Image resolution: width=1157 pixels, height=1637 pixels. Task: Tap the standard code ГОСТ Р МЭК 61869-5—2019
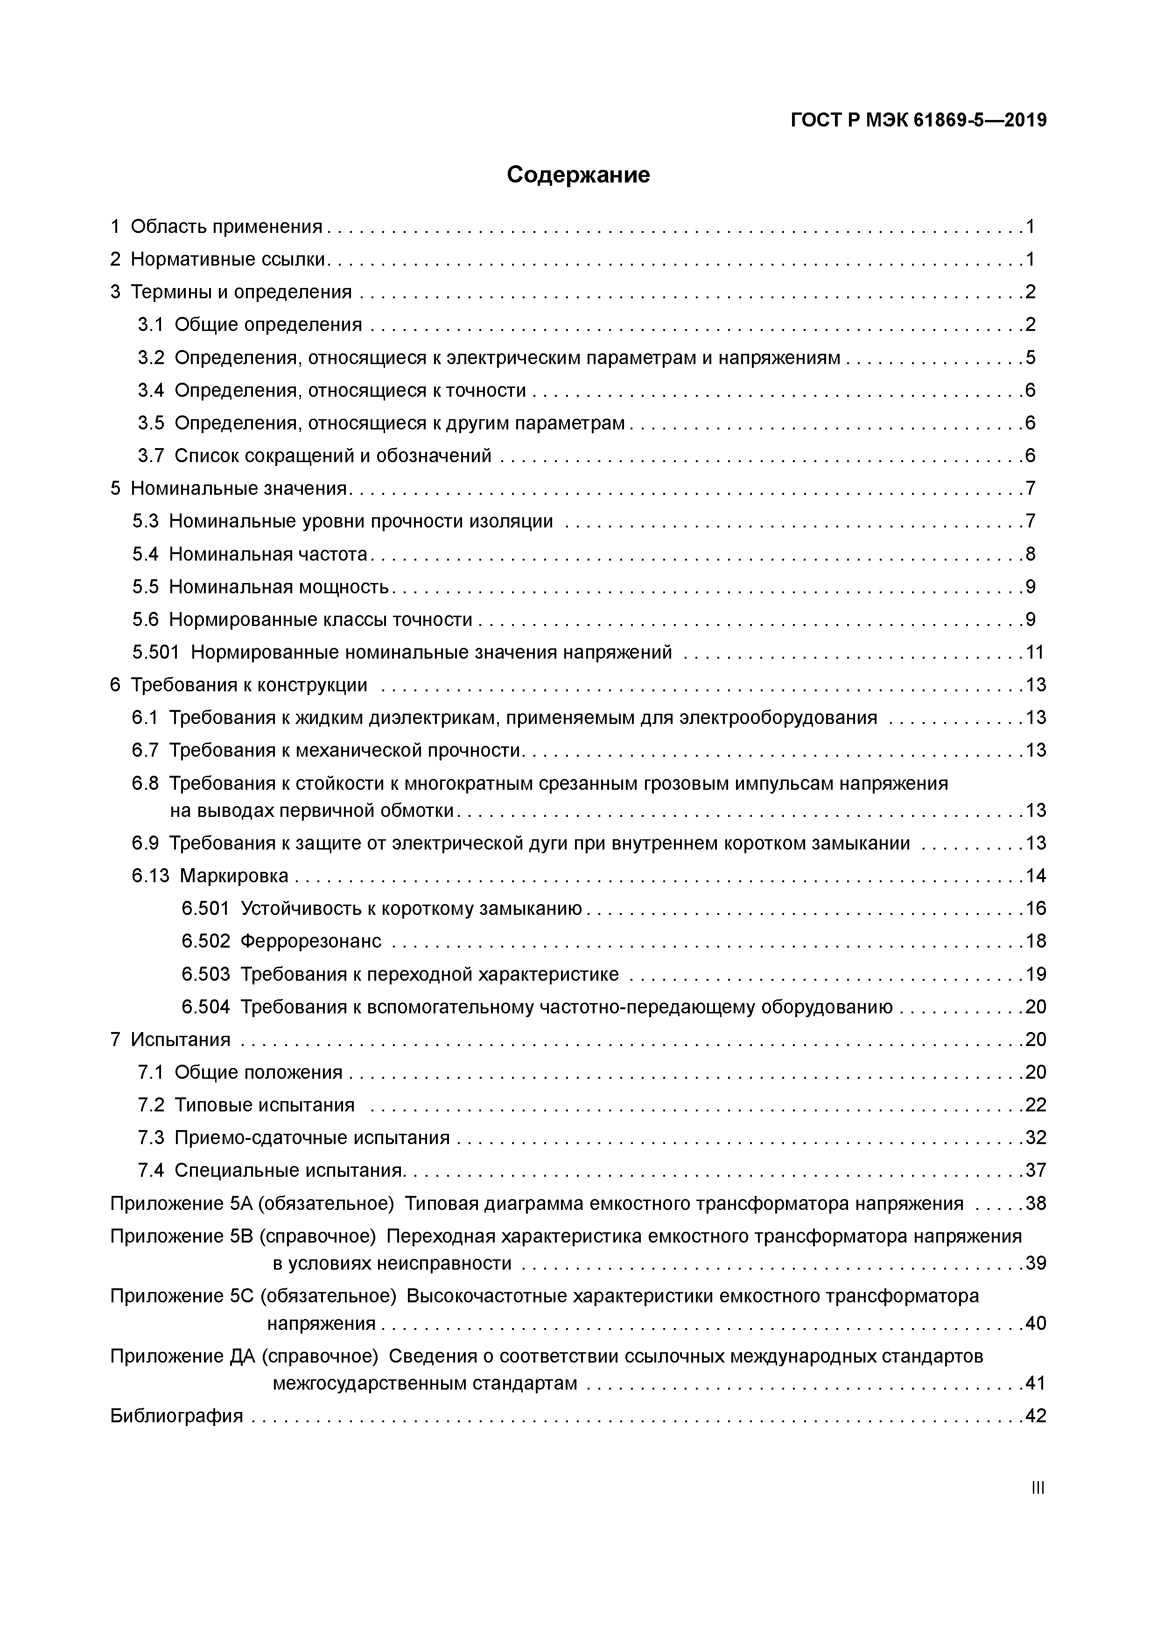tap(918, 120)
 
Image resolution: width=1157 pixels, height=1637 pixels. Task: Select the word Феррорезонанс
tap(311, 941)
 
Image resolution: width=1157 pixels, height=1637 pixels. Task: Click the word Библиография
tap(177, 1416)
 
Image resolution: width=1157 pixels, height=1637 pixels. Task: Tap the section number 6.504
tap(205, 1007)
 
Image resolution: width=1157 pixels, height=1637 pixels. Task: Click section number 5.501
tap(155, 653)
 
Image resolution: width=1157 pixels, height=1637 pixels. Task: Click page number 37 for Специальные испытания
tap(1035, 1171)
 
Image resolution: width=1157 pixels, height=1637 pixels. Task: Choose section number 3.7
tap(150, 456)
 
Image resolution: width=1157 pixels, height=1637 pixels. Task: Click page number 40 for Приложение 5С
tap(1035, 1323)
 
